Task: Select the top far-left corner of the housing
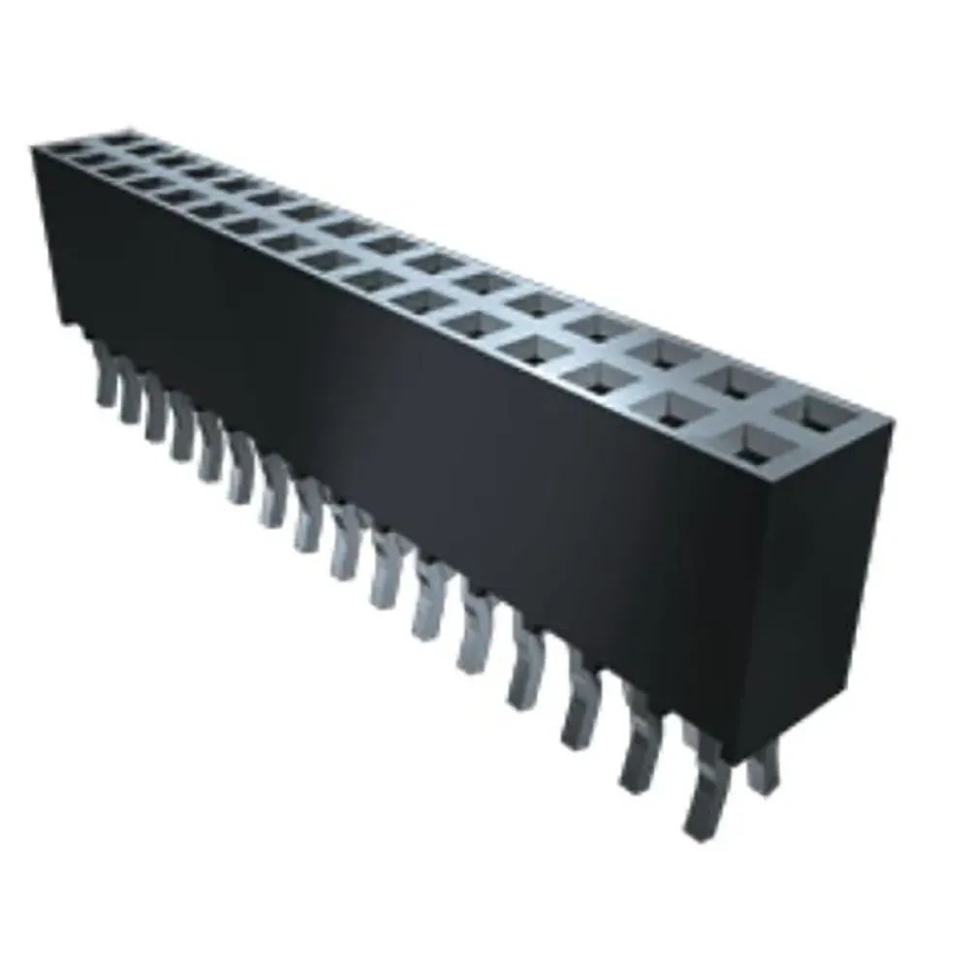click(34, 145)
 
